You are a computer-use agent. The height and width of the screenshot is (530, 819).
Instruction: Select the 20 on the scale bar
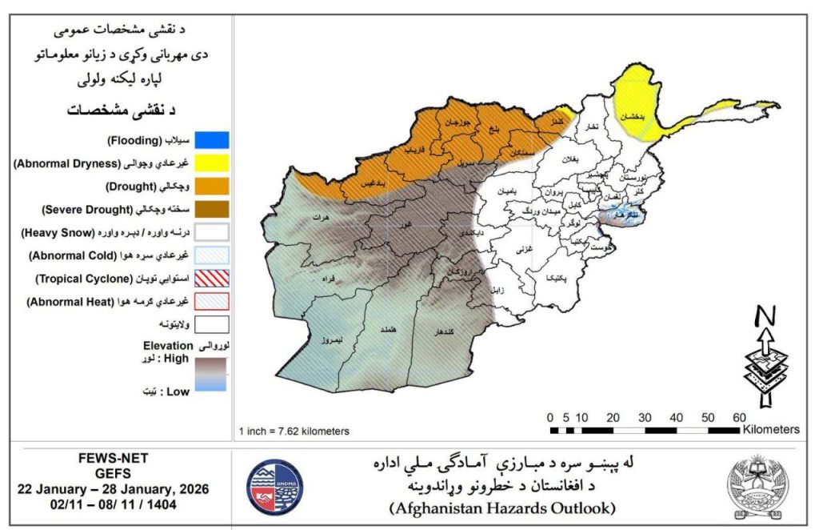[x=613, y=417]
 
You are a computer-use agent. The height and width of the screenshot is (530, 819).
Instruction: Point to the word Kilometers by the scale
[x=770, y=430]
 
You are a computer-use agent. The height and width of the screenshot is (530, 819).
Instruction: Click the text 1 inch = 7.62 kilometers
[x=294, y=431]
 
